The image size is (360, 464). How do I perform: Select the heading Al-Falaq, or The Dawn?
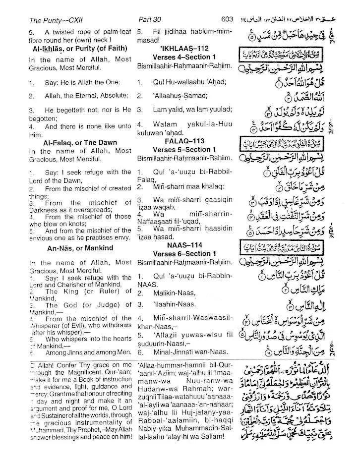click(80, 142)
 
